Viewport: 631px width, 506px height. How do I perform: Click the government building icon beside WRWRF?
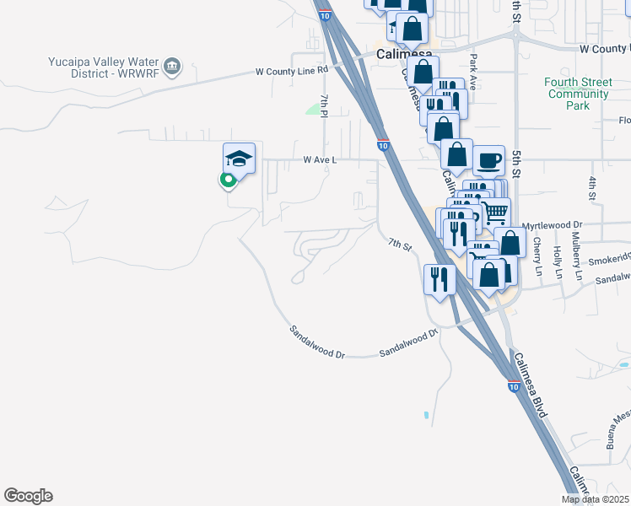tap(172, 67)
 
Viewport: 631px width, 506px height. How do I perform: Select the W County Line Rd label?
tap(291, 72)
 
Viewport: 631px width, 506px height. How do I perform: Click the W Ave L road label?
tap(320, 159)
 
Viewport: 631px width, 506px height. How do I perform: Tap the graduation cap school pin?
tap(239, 159)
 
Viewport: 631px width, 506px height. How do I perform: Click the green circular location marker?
tap(226, 179)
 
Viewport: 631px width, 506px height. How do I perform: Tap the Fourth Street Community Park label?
tap(577, 94)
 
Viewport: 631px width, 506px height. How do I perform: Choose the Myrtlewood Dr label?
tap(553, 225)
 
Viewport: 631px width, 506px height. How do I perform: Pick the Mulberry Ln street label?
tap(578, 262)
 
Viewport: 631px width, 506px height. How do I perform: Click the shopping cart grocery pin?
tap(495, 211)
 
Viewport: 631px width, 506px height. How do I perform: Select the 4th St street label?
tap(593, 187)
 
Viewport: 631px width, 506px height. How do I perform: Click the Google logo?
tap(28, 496)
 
